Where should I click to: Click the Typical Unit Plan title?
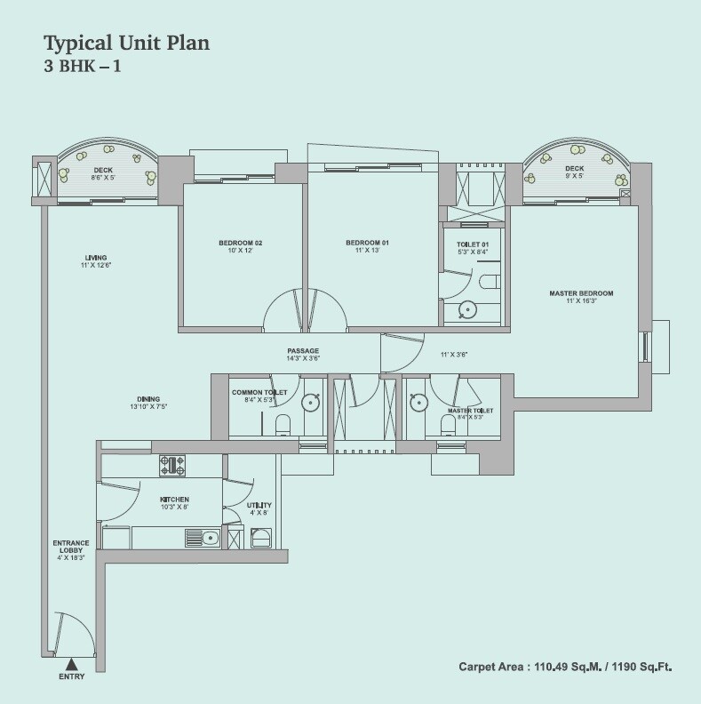point(126,43)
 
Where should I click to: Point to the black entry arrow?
point(71,662)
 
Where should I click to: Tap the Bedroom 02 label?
point(240,246)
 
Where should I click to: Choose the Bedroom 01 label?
point(367,246)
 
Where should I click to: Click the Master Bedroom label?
point(581,297)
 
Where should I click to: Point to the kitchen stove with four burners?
point(171,465)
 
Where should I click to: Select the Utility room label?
point(259,508)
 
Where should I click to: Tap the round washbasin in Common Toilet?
point(310,402)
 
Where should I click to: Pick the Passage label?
point(303,354)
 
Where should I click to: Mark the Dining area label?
point(148,402)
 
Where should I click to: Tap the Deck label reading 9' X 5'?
point(574,172)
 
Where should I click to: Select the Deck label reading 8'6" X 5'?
point(103,172)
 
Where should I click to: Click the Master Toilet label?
point(470,413)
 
